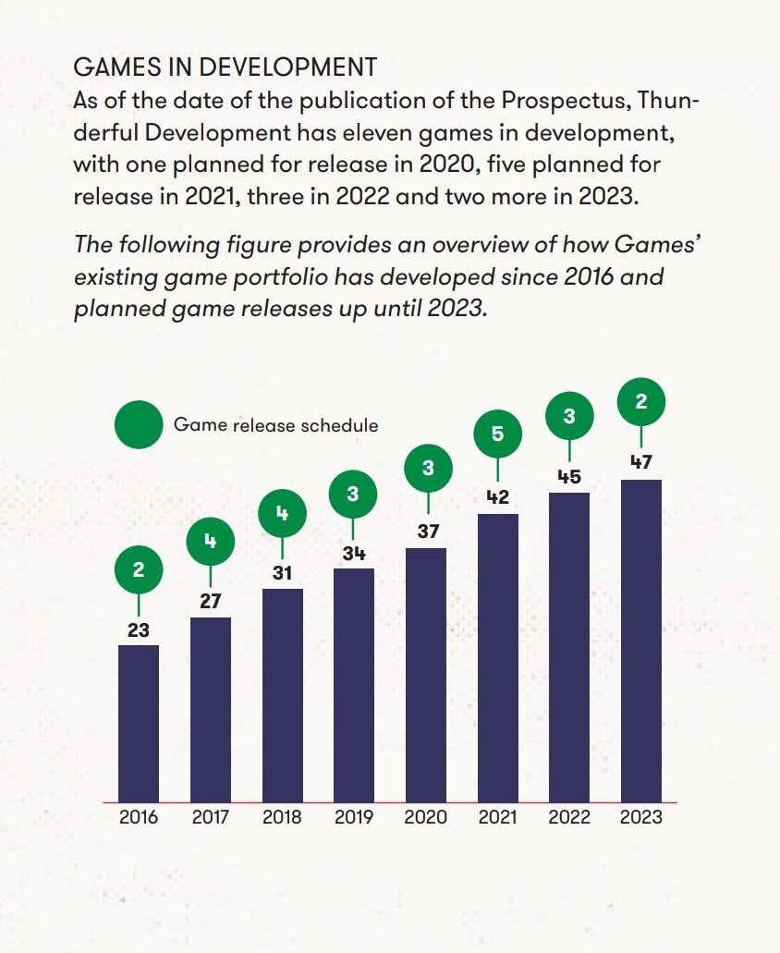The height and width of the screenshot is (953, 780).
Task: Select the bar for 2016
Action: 139,723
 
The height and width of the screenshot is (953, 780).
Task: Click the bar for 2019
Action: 354,685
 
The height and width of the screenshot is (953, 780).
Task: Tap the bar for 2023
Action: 641,641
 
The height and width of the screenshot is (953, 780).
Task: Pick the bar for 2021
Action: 497,657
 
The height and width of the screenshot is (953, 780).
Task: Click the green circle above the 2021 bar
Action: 497,433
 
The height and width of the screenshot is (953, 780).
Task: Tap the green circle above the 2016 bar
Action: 139,570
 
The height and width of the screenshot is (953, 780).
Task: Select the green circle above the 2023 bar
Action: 641,401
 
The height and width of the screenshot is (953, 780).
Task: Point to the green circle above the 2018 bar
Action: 282,514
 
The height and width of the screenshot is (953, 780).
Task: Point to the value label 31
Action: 282,573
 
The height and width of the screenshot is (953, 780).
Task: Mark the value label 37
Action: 427,531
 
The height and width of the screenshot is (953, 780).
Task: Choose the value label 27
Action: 210,602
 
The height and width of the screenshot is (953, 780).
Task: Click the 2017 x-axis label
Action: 211,817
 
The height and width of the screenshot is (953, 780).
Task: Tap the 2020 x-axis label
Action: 426,817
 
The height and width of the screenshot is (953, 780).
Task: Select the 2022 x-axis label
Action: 569,817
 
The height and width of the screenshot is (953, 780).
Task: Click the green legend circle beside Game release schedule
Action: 138,426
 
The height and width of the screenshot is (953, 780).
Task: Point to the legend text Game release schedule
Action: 275,426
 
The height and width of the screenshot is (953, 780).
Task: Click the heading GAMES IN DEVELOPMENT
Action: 225,67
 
